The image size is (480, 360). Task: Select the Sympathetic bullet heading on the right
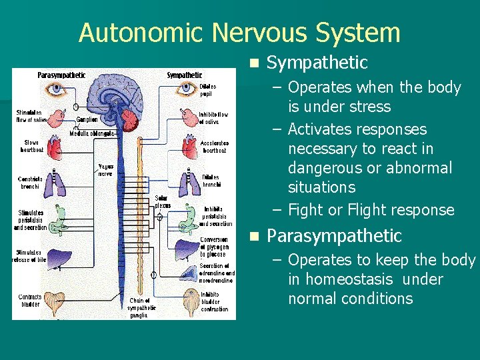click(317, 63)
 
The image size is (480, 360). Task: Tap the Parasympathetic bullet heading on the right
click(334, 236)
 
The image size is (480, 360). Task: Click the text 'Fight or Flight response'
click(371, 210)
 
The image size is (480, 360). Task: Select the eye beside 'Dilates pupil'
click(186, 90)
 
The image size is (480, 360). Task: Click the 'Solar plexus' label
click(161, 201)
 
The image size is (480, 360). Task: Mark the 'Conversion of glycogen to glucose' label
click(214, 247)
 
